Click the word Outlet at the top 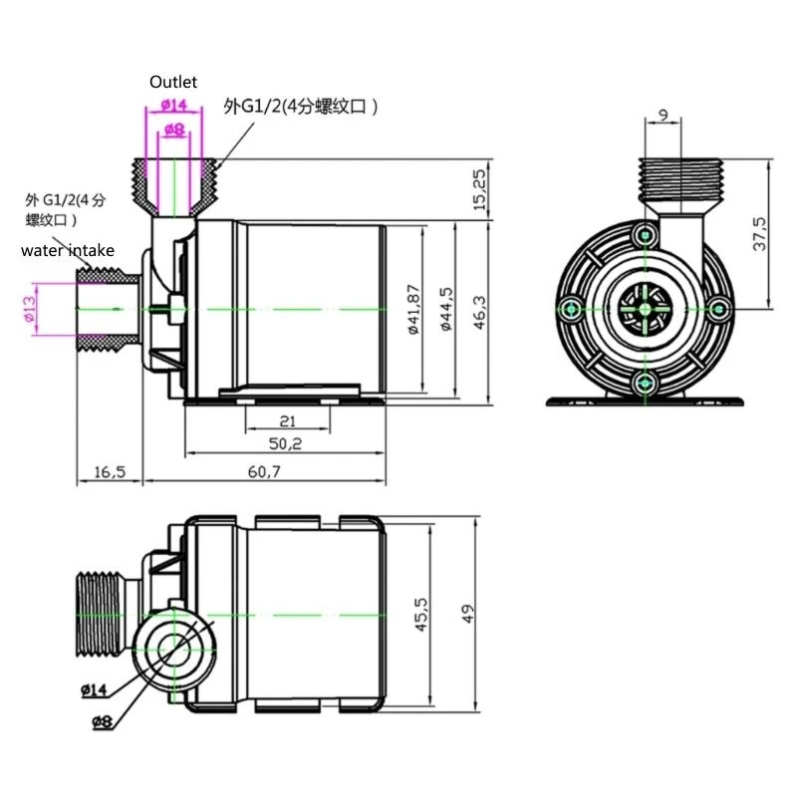(174, 82)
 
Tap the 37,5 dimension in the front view (758, 235)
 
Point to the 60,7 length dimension (264, 471)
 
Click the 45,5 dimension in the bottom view (421, 614)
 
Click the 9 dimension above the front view (663, 114)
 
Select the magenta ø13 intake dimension (29, 308)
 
